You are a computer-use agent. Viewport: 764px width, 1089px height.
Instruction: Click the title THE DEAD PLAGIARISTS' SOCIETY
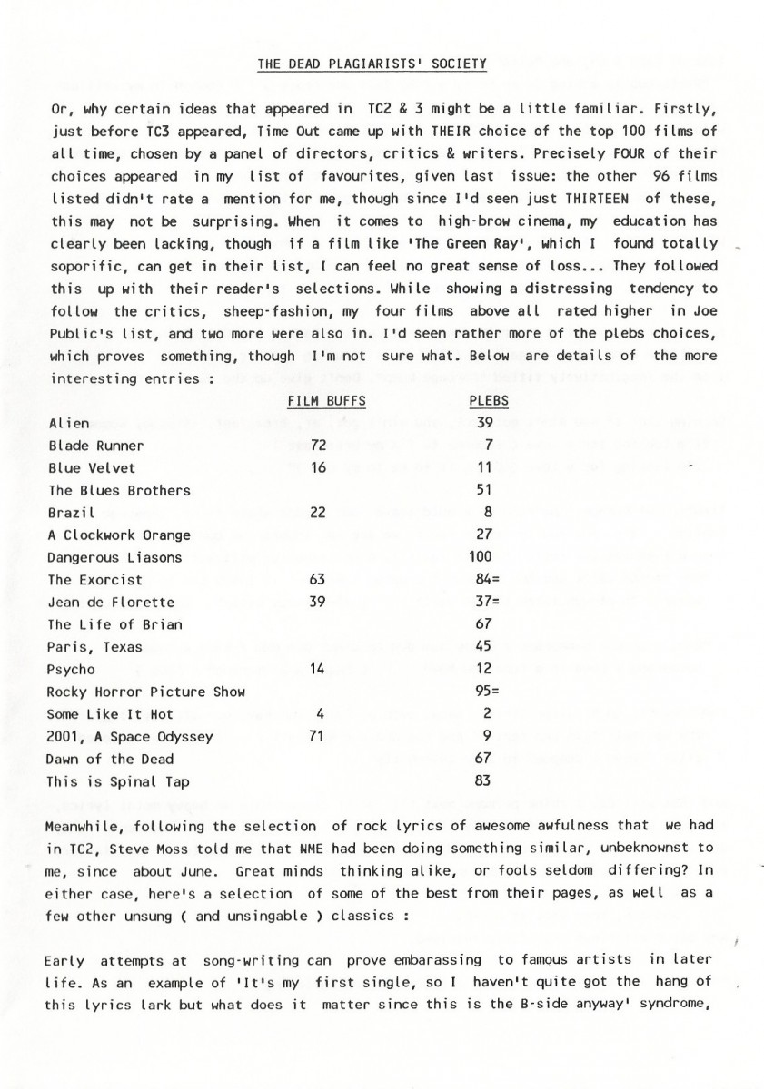pyautogui.click(x=372, y=64)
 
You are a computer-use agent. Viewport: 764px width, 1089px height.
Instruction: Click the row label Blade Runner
pyautogui.click(x=95, y=446)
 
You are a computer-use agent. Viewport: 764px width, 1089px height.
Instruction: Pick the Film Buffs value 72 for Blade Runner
pyautogui.click(x=318, y=446)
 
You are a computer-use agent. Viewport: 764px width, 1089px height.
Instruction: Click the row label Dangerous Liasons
pyautogui.click(x=114, y=557)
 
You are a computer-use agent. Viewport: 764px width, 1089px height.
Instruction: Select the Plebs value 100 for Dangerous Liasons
pyautogui.click(x=481, y=557)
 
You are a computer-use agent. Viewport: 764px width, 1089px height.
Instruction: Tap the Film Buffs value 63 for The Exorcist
pyautogui.click(x=318, y=580)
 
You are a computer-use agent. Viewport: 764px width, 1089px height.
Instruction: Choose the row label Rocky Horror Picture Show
pyautogui.click(x=146, y=692)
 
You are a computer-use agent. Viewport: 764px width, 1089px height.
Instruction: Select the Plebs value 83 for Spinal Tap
pyautogui.click(x=482, y=781)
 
